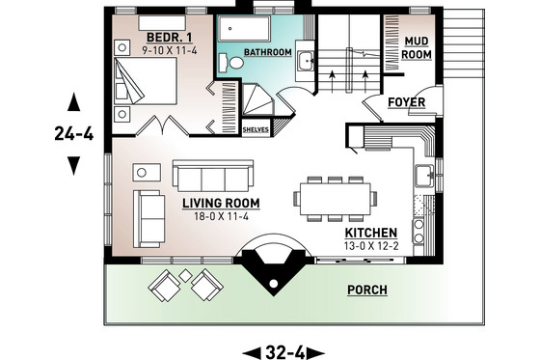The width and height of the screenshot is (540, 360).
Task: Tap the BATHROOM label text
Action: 266,52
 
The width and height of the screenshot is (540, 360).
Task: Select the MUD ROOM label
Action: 417,47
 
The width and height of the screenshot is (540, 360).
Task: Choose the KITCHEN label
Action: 371,234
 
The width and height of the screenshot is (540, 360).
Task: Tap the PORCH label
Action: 367,291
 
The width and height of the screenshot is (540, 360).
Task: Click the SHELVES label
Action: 256,126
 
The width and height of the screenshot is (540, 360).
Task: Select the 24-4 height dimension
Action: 73,134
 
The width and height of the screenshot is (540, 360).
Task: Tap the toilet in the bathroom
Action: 234,62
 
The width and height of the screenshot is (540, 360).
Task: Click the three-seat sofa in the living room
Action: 208,176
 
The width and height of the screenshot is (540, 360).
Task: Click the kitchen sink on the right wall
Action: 422,177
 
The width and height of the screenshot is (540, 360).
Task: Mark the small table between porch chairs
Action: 184,281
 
